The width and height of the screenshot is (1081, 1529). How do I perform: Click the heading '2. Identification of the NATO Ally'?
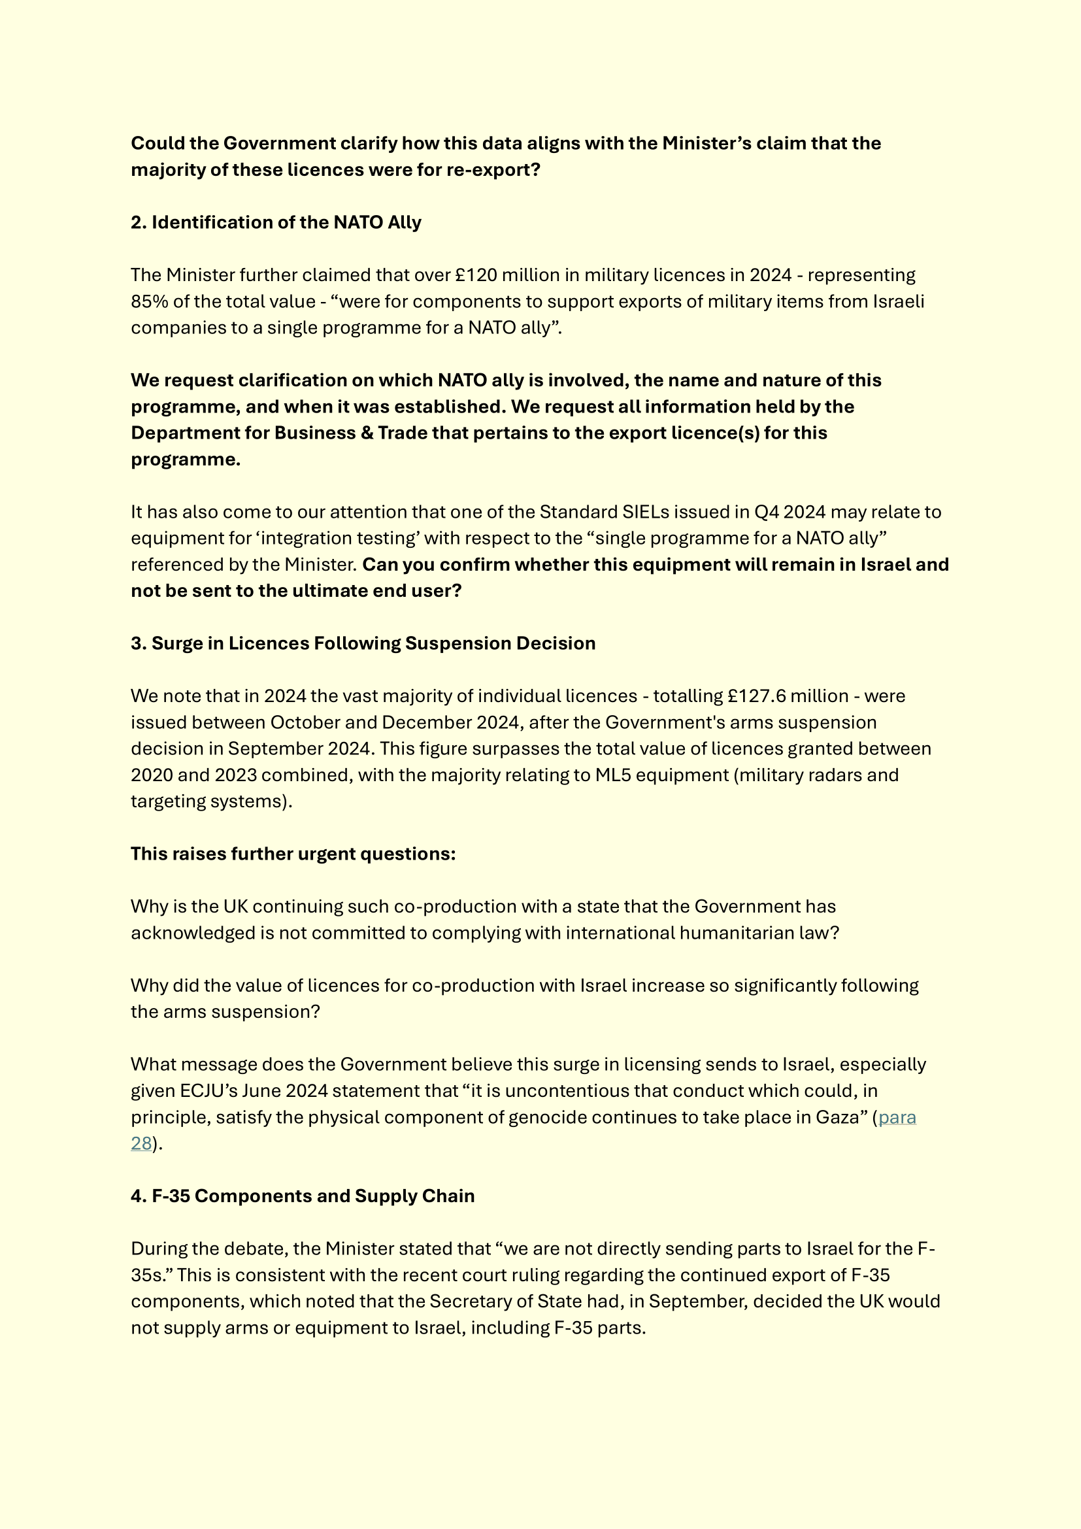tap(276, 222)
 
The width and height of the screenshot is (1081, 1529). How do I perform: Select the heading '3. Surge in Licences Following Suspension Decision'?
tap(363, 643)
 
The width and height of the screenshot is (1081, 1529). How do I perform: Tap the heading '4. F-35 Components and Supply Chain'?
tap(302, 1196)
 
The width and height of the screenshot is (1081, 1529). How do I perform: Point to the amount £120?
tap(476, 275)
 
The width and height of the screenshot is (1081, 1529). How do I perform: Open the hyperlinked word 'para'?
tap(897, 1117)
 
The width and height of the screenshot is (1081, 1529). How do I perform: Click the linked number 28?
tap(141, 1143)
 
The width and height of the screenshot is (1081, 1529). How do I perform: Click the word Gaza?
tap(840, 1117)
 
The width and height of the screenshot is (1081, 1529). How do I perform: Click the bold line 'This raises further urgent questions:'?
tap(293, 854)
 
